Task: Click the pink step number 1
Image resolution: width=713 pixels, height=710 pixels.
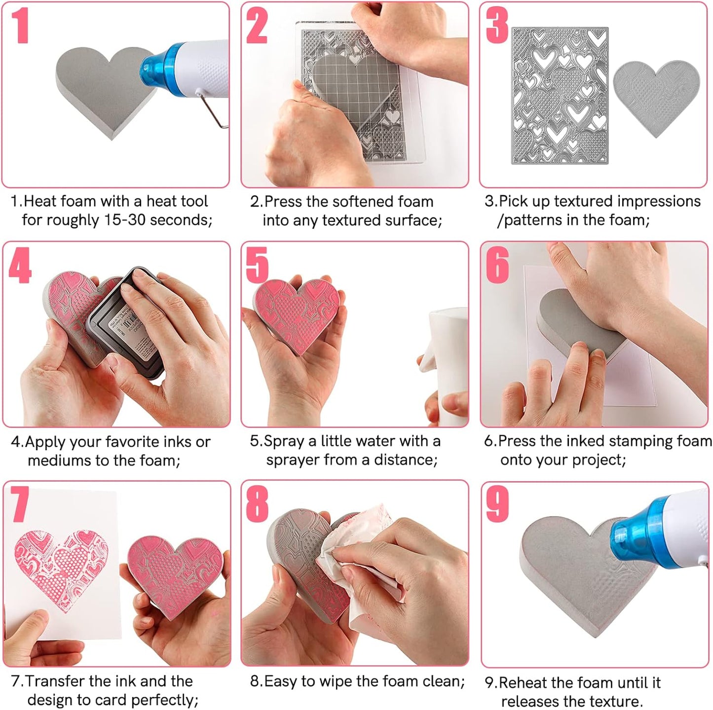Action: tap(20, 25)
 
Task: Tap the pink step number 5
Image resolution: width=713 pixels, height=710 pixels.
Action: tap(257, 265)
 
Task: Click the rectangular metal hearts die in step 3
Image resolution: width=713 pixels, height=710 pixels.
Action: tap(560, 96)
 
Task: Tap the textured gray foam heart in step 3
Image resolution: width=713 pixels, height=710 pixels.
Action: tap(656, 96)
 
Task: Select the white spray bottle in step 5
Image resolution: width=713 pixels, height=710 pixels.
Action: tap(447, 365)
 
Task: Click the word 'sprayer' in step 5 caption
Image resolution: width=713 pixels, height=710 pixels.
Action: tap(293, 460)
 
